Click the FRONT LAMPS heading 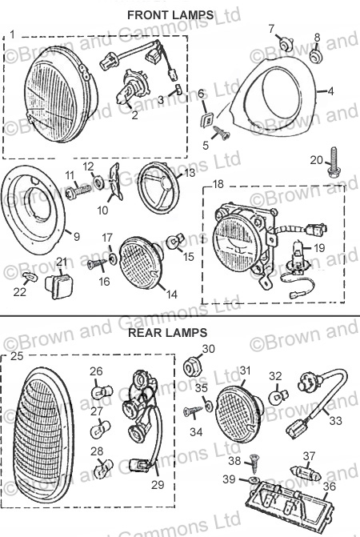click(170, 15)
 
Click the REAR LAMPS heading click(168, 333)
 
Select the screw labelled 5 click(221, 133)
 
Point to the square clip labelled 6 click(208, 120)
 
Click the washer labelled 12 click(99, 181)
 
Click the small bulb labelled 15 click(175, 242)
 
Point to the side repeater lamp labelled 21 click(58, 285)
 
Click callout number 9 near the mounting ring click(76, 236)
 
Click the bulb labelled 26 click(102, 392)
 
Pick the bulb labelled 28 click(102, 467)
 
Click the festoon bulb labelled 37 click(306, 474)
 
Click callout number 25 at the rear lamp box click(17, 356)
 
